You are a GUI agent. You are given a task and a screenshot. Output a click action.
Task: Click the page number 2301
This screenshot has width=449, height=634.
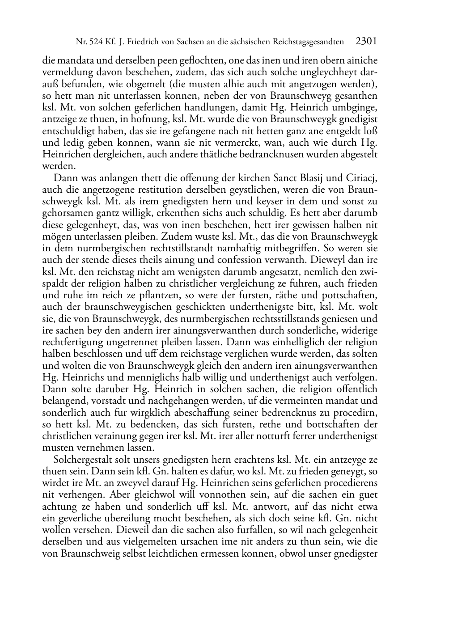click(x=366, y=42)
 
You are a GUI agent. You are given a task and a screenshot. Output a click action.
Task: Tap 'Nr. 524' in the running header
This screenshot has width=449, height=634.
click(x=88, y=42)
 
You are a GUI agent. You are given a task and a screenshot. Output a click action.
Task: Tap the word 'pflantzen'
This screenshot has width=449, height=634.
click(x=168, y=295)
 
